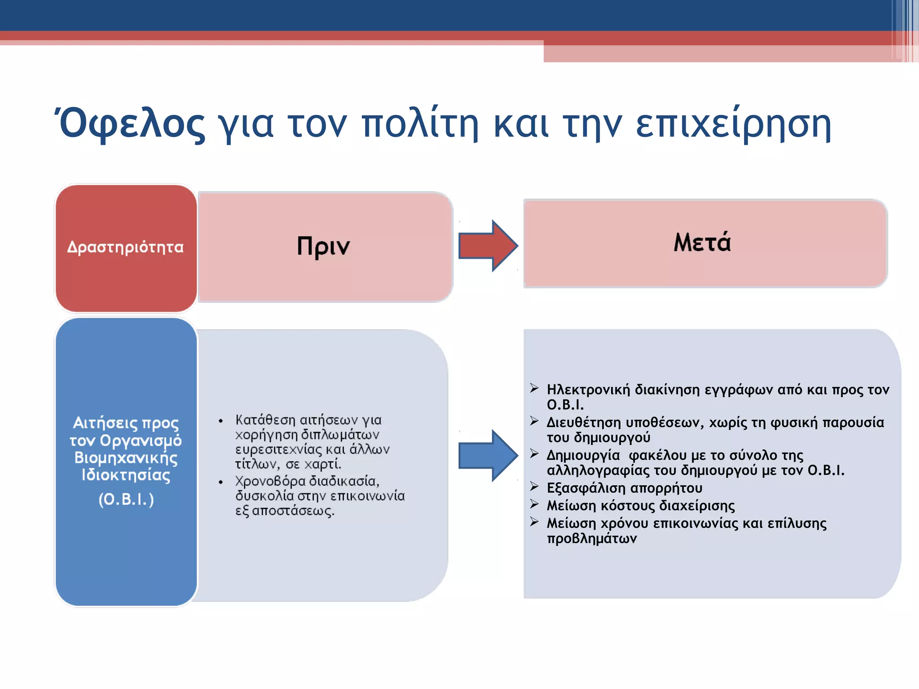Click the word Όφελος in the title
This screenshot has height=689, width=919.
tap(131, 124)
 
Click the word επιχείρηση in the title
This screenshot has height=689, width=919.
tap(733, 124)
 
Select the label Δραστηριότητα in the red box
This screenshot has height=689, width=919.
tap(126, 247)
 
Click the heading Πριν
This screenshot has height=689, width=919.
tap(323, 246)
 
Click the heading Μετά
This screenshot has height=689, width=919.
tap(702, 242)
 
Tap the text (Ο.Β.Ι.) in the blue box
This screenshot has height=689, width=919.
tap(126, 499)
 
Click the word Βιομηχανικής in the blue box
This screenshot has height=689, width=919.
tap(126, 458)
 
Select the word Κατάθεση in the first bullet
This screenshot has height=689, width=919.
tap(265, 420)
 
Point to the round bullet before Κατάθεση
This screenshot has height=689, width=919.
tap(221, 421)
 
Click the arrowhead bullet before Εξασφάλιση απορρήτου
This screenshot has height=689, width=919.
tap(534, 486)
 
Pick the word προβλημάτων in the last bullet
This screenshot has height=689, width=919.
tap(591, 539)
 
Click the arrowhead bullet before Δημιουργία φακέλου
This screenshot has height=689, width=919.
tap(534, 454)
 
